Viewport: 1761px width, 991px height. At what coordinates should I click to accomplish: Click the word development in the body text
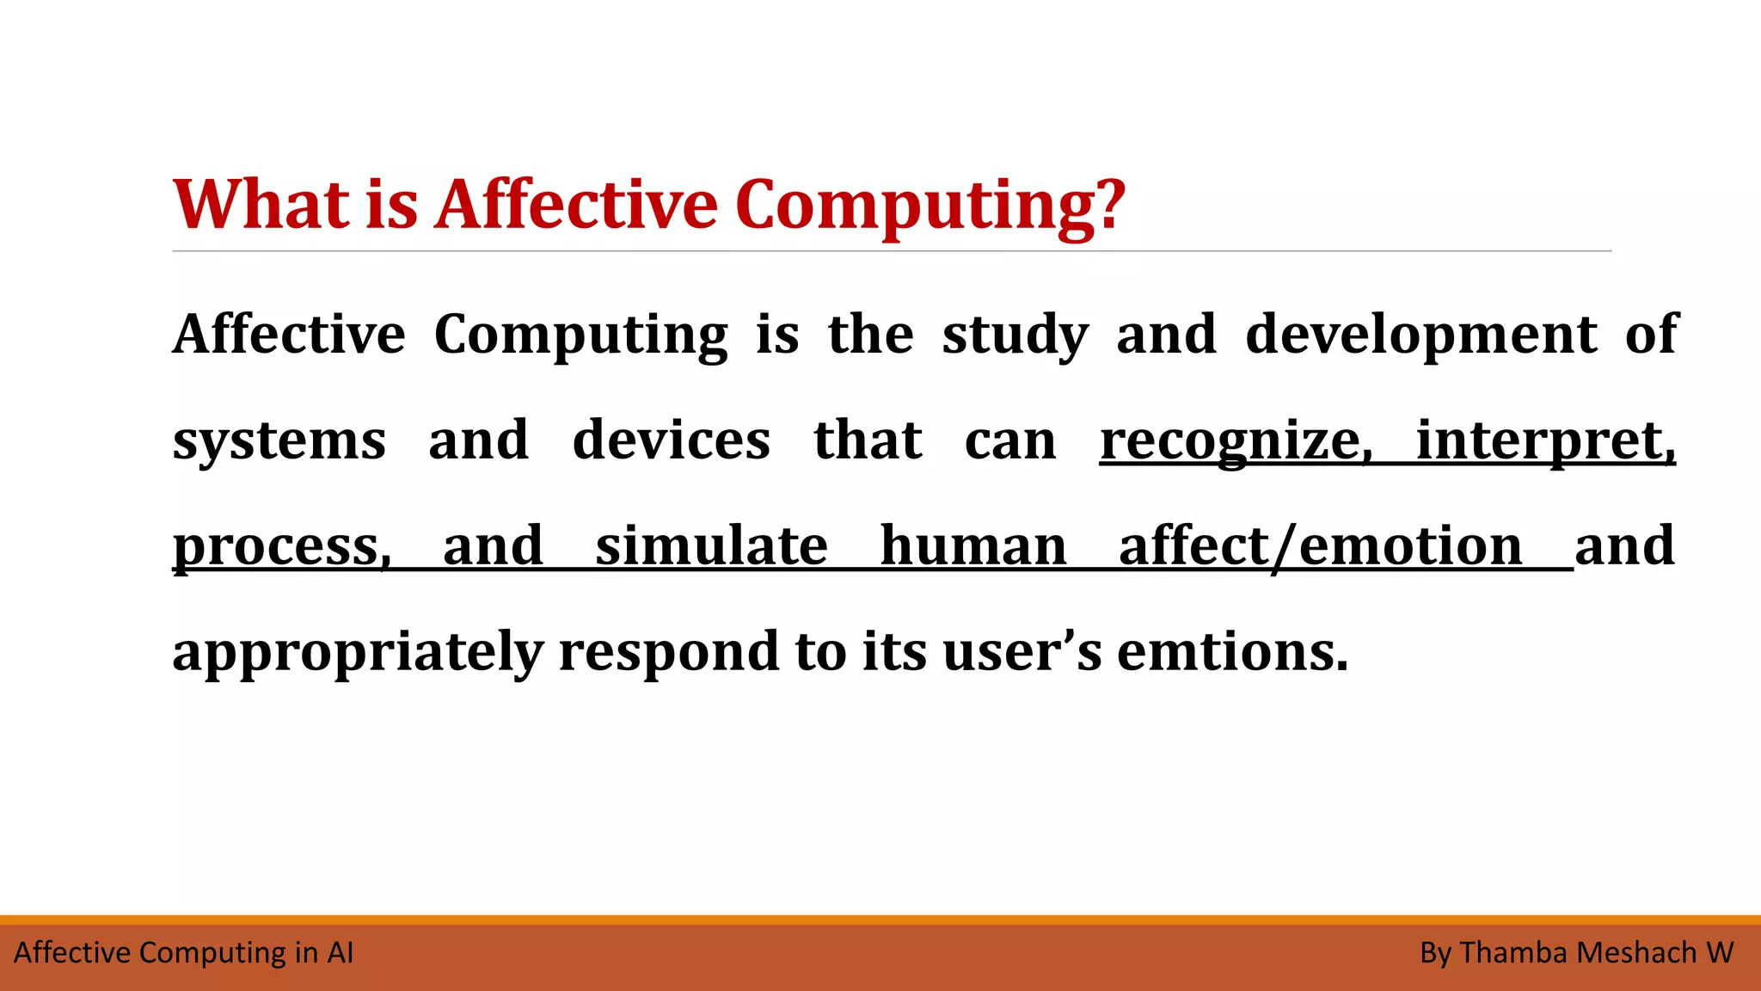(1420, 335)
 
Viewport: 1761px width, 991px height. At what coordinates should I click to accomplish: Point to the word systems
(279, 441)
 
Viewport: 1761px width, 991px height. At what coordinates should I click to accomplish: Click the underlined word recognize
(1235, 441)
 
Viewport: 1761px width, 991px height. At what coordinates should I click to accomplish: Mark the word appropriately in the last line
(357, 653)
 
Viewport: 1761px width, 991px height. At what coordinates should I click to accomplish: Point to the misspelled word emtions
(1231, 651)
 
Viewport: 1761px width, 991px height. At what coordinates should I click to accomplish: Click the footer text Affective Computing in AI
(184, 953)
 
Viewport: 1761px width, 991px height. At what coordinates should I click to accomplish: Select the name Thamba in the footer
(1513, 953)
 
